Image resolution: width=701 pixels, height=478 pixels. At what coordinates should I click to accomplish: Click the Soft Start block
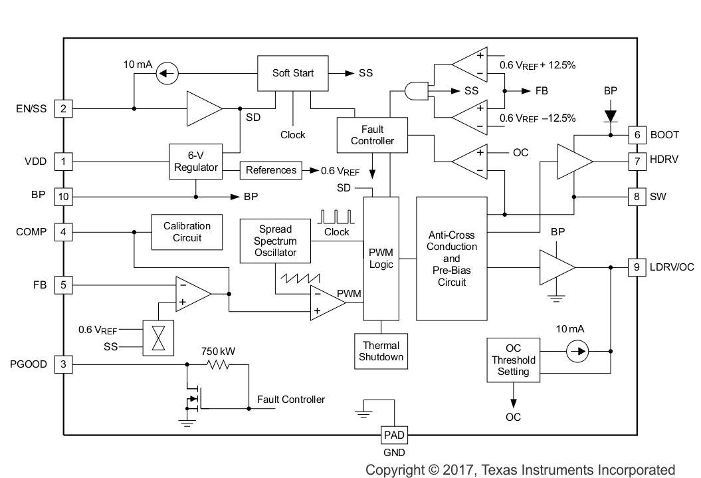tap(294, 72)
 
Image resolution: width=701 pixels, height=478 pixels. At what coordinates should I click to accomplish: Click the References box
tap(271, 170)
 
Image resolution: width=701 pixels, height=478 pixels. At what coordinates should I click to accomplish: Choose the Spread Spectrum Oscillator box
tap(275, 241)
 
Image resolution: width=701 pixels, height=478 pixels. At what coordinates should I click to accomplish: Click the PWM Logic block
tap(381, 259)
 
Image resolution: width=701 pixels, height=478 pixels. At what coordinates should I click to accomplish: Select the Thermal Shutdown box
tap(381, 351)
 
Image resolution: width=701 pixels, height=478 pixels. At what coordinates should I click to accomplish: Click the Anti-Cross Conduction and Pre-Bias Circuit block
tap(452, 259)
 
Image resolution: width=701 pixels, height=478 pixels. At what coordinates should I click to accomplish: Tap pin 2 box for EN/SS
tap(63, 108)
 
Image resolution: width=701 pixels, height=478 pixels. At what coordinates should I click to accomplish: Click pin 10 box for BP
tap(63, 197)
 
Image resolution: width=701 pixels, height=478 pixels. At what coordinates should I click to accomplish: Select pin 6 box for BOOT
tap(637, 134)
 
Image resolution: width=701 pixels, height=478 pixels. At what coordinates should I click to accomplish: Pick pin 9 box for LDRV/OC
tap(637, 267)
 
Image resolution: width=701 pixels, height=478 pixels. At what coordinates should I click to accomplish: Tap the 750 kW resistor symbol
tap(217, 364)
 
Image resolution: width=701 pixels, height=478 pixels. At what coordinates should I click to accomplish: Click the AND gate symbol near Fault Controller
tap(417, 90)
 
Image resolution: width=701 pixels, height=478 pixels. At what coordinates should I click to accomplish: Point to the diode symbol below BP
tap(610, 116)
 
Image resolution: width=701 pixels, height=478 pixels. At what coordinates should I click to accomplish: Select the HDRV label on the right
tap(664, 161)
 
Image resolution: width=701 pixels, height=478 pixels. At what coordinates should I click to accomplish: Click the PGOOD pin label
tap(29, 364)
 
